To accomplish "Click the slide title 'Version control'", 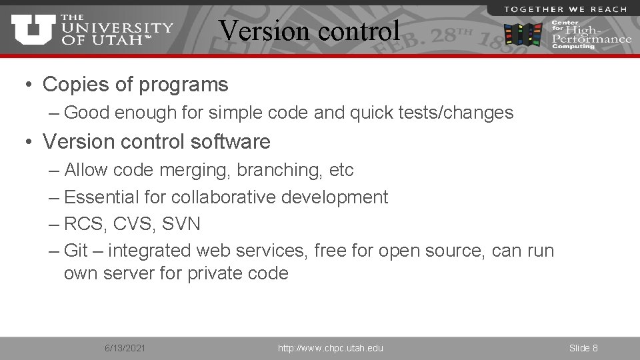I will (x=310, y=30).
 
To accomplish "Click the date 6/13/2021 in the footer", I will (x=125, y=348).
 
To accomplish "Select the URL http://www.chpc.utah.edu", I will (x=331, y=348).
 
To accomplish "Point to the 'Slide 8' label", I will (x=583, y=348).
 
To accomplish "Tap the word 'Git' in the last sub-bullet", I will (x=76, y=251).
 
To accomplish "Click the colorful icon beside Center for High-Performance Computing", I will (x=523, y=33).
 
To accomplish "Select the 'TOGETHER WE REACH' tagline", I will (x=565, y=9).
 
